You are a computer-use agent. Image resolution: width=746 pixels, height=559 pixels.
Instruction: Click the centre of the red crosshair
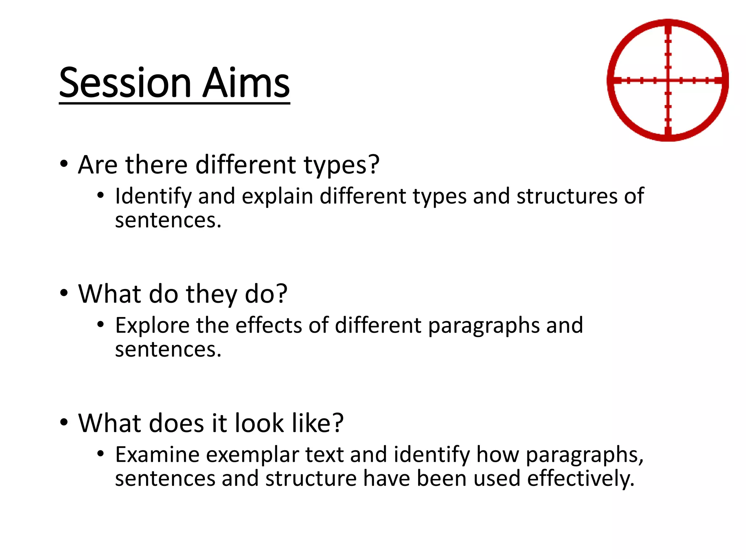coord(668,80)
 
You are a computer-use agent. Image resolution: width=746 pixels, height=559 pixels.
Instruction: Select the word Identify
coord(153,197)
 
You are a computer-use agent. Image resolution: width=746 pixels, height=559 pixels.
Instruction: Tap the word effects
coord(268,325)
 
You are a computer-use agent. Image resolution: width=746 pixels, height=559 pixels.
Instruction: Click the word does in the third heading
coord(176,423)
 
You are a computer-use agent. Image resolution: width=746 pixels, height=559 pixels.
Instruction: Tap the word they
coord(212,294)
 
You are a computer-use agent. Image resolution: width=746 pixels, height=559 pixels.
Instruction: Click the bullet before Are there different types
coord(64,164)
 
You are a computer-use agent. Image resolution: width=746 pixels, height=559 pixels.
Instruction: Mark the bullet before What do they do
coord(64,293)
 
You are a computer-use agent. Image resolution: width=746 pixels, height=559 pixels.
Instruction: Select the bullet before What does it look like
coord(64,422)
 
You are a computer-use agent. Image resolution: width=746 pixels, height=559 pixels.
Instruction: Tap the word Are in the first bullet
coord(98,165)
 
